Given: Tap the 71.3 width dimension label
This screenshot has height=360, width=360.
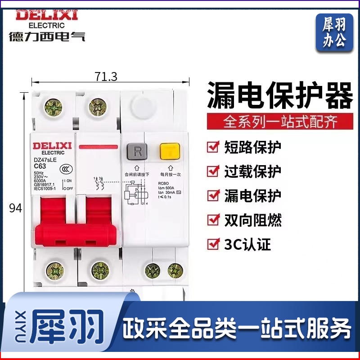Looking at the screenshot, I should pos(106,77).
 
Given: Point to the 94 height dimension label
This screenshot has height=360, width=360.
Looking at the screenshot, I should pos(16,208).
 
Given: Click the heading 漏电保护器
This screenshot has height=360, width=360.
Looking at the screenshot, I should pos(280,96).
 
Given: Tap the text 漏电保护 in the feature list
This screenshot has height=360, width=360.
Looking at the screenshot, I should pos(252,195).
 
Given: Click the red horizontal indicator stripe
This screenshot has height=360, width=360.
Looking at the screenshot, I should pos(98,147).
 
